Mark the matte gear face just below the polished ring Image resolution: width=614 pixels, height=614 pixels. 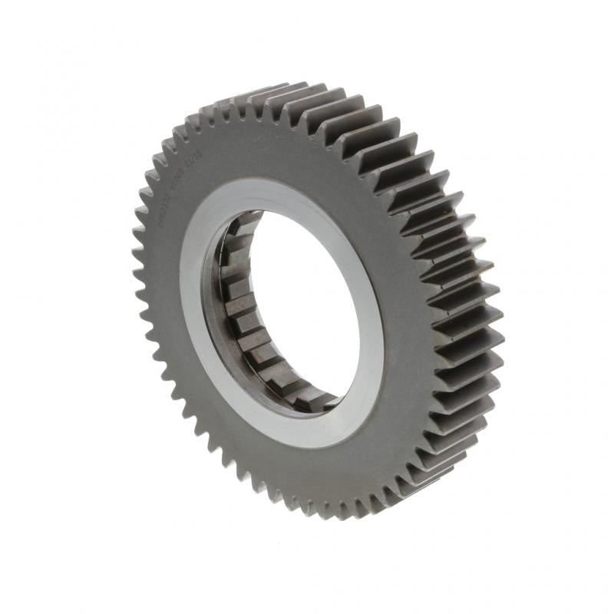click(307, 476)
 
